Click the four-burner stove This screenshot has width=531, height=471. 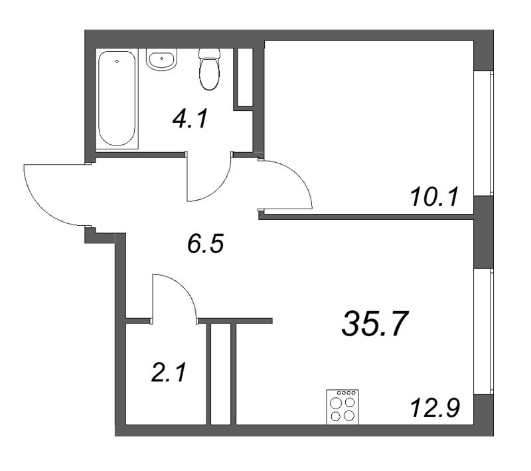point(342,407)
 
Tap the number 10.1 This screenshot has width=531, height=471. point(435,197)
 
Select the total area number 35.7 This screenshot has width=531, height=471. point(374,325)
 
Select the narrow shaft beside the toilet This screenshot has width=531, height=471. point(245,77)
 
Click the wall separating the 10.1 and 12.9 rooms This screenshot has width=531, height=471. point(365,216)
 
